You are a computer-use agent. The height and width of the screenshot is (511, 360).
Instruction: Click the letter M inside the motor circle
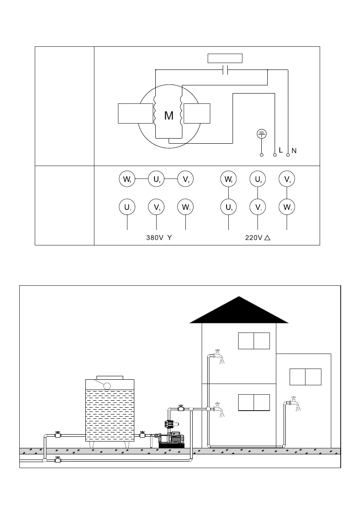coord(169,115)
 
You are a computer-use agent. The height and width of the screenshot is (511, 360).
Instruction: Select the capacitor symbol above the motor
coord(225,70)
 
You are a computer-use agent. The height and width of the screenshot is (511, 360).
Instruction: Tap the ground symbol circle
coord(261,133)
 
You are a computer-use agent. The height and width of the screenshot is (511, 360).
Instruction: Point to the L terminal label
coord(281,151)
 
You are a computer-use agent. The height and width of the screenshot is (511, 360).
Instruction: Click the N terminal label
coord(294,151)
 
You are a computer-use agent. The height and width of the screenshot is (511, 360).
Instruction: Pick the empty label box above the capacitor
coord(225,58)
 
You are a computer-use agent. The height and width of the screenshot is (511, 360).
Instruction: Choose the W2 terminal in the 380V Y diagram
coord(127,179)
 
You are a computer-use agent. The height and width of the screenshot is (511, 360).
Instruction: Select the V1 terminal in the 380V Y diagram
coord(157,208)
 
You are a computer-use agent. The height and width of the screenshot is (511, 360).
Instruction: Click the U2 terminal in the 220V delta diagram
coord(257,179)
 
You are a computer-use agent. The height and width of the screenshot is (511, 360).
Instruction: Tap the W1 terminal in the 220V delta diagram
coord(287,208)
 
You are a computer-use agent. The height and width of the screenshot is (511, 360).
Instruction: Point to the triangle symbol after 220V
coord(267,238)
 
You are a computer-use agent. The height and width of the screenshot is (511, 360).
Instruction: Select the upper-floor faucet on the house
coord(218,355)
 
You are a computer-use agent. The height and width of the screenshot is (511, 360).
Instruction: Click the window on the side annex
coord(305,377)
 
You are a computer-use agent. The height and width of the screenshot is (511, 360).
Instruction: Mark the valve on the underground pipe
coord(58,460)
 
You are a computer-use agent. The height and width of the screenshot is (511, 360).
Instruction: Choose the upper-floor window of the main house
coord(254,341)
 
